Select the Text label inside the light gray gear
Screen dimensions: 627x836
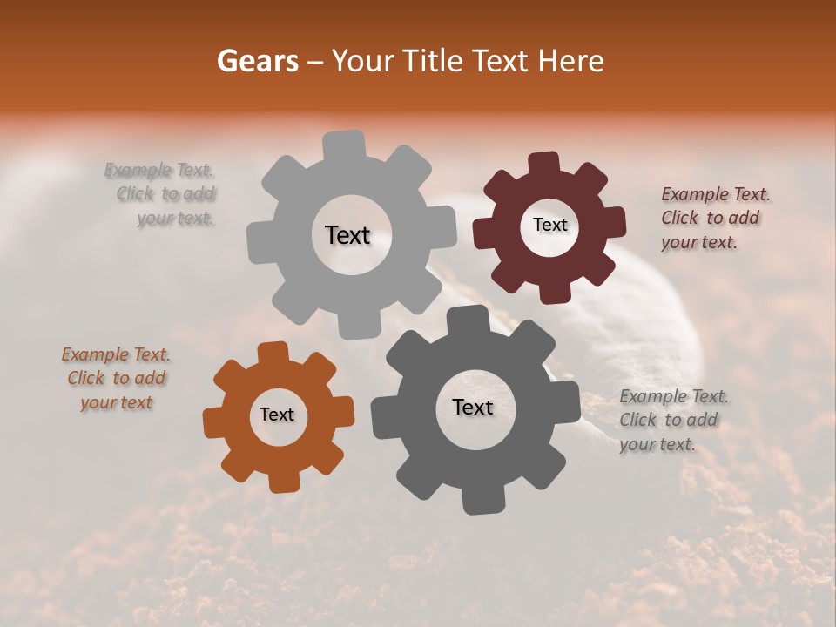coord(347,235)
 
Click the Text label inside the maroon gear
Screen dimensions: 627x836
coord(549,225)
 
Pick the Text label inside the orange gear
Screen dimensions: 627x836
coord(277,415)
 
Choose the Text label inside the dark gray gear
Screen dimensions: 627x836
coord(473,407)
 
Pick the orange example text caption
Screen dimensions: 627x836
coord(116,379)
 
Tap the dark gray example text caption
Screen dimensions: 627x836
coord(672,420)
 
